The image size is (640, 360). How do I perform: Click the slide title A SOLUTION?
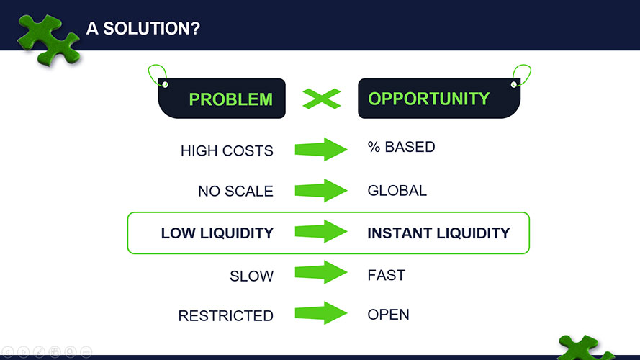point(143,29)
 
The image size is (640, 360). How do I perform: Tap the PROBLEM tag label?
point(230,99)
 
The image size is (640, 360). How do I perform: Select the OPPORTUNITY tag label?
point(428,99)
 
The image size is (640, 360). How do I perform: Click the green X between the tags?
point(322,99)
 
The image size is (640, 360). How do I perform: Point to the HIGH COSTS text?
point(227,151)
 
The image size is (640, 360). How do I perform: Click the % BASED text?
point(401,147)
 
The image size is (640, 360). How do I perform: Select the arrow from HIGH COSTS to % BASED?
point(321,149)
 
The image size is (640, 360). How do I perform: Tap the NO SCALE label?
point(235,191)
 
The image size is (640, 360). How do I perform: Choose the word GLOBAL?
point(397,191)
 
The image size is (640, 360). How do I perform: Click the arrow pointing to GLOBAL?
point(321,190)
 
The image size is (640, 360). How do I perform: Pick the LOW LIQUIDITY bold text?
point(217,233)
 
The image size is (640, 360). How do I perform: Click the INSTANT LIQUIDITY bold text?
point(438,233)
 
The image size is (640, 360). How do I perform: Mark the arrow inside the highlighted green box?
point(321,231)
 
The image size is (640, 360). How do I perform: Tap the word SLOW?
point(251,276)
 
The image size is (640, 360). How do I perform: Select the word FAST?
point(386,276)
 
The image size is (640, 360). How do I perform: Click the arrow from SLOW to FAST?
point(321,272)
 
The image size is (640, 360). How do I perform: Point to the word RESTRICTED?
point(226,316)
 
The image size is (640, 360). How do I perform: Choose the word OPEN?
point(388,315)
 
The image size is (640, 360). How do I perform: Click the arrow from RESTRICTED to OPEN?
point(321,313)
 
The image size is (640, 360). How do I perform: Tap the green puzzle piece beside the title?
point(48,40)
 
